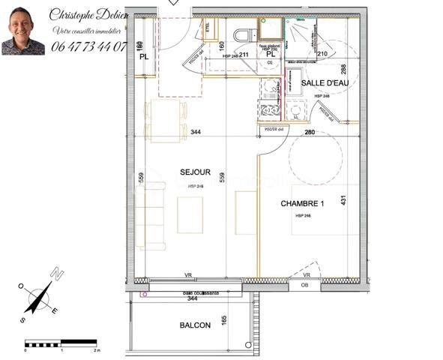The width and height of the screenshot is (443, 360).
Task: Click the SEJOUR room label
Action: [195, 172]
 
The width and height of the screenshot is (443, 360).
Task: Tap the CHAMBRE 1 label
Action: [302, 203]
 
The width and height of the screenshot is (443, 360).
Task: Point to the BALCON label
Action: [195, 325]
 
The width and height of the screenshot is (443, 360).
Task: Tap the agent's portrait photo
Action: [23, 31]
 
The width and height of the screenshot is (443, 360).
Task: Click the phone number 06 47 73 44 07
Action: [88, 46]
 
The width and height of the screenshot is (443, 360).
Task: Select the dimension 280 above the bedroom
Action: [308, 133]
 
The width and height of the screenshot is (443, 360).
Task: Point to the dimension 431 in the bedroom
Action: [344, 202]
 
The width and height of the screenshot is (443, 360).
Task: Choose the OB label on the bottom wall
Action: [304, 285]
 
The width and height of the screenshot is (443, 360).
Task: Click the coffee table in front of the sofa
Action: [190, 214]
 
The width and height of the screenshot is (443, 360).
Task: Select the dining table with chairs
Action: [166, 121]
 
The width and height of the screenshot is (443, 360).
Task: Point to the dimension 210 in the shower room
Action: [323, 54]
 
